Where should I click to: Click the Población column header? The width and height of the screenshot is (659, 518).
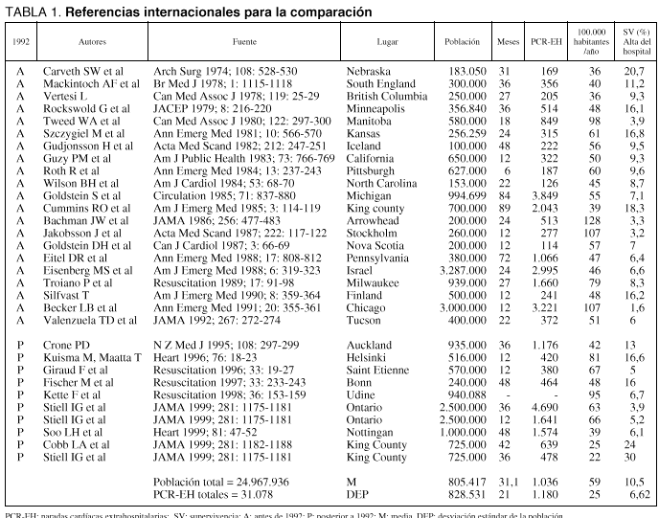463,44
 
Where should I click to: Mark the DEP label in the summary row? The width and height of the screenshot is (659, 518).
359,494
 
